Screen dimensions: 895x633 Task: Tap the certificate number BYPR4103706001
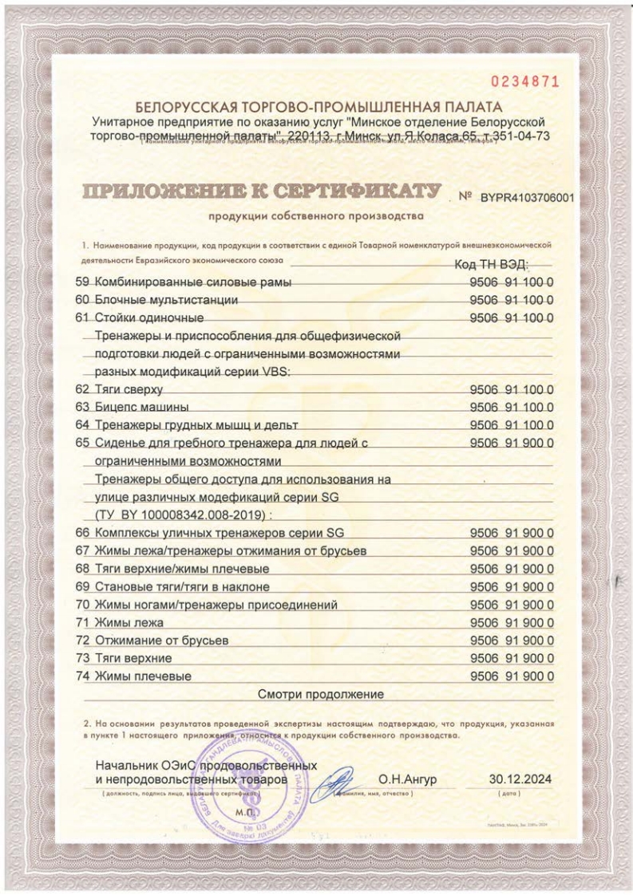coord(527,199)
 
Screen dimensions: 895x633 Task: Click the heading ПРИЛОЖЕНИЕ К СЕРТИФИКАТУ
coord(262,192)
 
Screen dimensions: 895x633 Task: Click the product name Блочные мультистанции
coord(167,301)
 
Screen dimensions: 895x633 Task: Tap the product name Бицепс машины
coord(141,407)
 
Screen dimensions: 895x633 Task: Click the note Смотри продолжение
coord(322,694)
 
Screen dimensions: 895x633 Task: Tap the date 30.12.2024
coord(520,779)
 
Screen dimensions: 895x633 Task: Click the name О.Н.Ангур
coord(407,779)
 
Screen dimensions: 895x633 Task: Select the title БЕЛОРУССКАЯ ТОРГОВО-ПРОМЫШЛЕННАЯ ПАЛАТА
coord(319,107)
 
